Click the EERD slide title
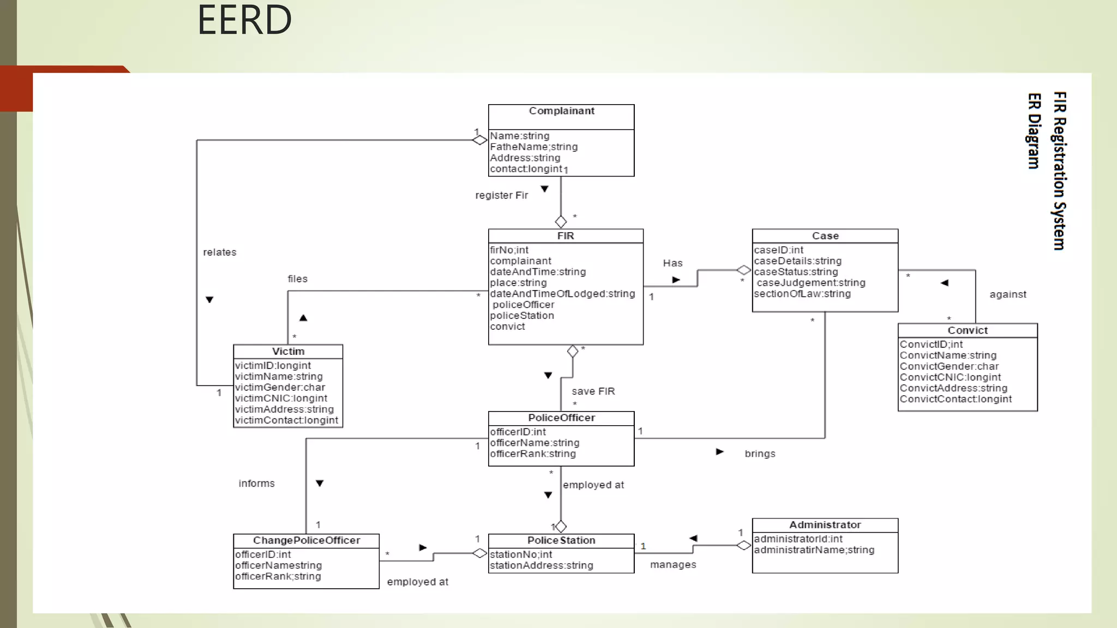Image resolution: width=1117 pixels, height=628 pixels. pos(244,21)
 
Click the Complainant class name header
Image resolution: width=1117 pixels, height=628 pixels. pos(561,111)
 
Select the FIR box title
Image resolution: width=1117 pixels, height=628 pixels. pos(565,236)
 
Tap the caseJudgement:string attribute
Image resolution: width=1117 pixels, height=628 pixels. pos(810,283)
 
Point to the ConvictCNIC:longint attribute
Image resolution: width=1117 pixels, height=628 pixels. pos(950,377)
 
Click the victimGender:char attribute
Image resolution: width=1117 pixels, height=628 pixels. pos(280,388)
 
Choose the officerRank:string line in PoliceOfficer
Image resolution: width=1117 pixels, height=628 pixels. pos(532,454)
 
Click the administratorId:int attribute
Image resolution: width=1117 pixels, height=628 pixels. pos(798,539)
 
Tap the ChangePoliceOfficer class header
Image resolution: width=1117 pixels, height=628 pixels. pos(306,541)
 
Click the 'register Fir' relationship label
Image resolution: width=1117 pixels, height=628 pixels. pos(501,196)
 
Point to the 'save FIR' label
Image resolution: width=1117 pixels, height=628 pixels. pos(593,391)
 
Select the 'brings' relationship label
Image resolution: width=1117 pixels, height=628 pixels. pos(760,454)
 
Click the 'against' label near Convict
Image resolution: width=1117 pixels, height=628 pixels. pos(1007,295)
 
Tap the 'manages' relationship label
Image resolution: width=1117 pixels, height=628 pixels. pos(672,565)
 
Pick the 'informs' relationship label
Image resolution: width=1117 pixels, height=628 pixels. pos(256,484)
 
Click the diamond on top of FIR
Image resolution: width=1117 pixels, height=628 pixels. pos(561,222)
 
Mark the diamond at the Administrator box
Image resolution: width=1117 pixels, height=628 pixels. pos(743,545)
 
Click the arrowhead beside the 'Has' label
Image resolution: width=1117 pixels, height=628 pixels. pos(676,280)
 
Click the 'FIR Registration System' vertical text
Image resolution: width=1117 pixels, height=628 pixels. pos(1059,171)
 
